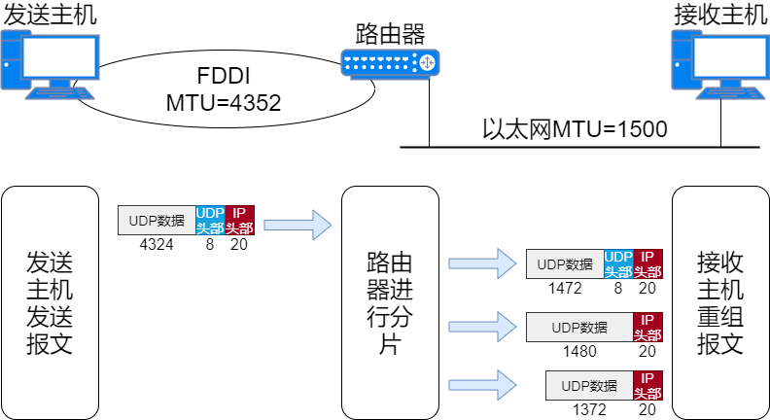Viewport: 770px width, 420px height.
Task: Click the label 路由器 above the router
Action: point(389,35)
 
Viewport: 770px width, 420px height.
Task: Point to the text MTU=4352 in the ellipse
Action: point(224,102)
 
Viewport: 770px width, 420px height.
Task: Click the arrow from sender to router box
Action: point(297,226)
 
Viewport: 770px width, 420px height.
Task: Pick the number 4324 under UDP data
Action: point(157,245)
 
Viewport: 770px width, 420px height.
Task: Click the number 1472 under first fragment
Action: point(565,288)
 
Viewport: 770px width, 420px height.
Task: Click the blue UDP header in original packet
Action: point(210,221)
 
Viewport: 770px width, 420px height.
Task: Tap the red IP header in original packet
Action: point(239,221)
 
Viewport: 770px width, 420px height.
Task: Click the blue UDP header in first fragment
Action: point(618,264)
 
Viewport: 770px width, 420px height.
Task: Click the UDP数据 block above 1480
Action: point(579,327)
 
